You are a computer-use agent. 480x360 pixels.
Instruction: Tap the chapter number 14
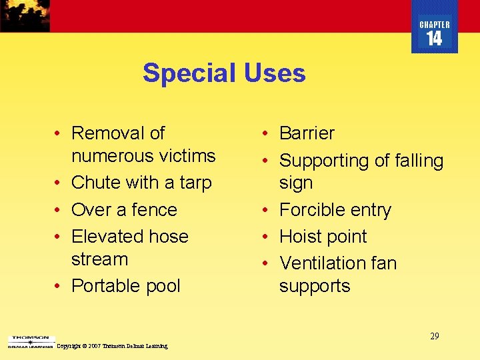(x=434, y=39)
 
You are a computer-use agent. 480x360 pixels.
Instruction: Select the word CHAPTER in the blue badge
(x=435, y=25)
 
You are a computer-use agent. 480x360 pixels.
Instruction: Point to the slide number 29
(x=434, y=336)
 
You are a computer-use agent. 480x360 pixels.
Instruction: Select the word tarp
(x=195, y=183)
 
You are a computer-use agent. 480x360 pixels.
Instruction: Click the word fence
(x=153, y=210)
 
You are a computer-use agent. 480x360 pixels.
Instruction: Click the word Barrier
(x=307, y=133)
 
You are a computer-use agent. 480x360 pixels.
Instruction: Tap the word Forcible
(x=316, y=210)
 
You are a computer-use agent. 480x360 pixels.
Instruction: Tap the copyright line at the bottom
(x=113, y=346)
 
